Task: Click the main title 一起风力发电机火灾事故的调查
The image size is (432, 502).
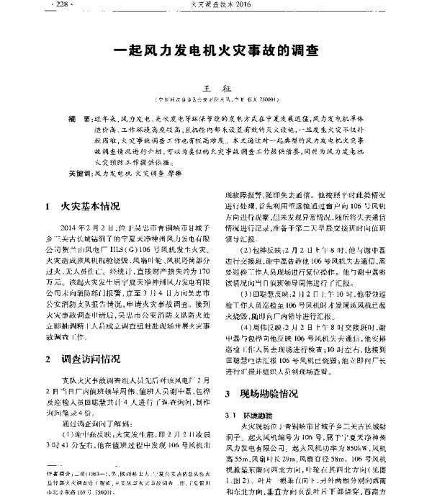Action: (216, 52)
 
